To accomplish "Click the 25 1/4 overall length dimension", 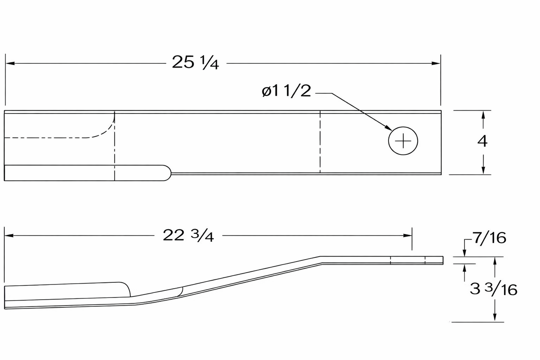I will click(195, 63).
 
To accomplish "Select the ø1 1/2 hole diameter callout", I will click(286, 91).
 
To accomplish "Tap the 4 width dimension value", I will click(482, 141).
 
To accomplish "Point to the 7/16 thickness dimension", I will click(489, 238).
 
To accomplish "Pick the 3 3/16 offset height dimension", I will click(493, 289).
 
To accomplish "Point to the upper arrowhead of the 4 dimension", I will click(483, 114).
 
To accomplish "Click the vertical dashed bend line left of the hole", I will click(320, 141).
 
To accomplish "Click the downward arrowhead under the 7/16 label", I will click(464, 253).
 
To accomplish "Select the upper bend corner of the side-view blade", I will click(321, 257).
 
